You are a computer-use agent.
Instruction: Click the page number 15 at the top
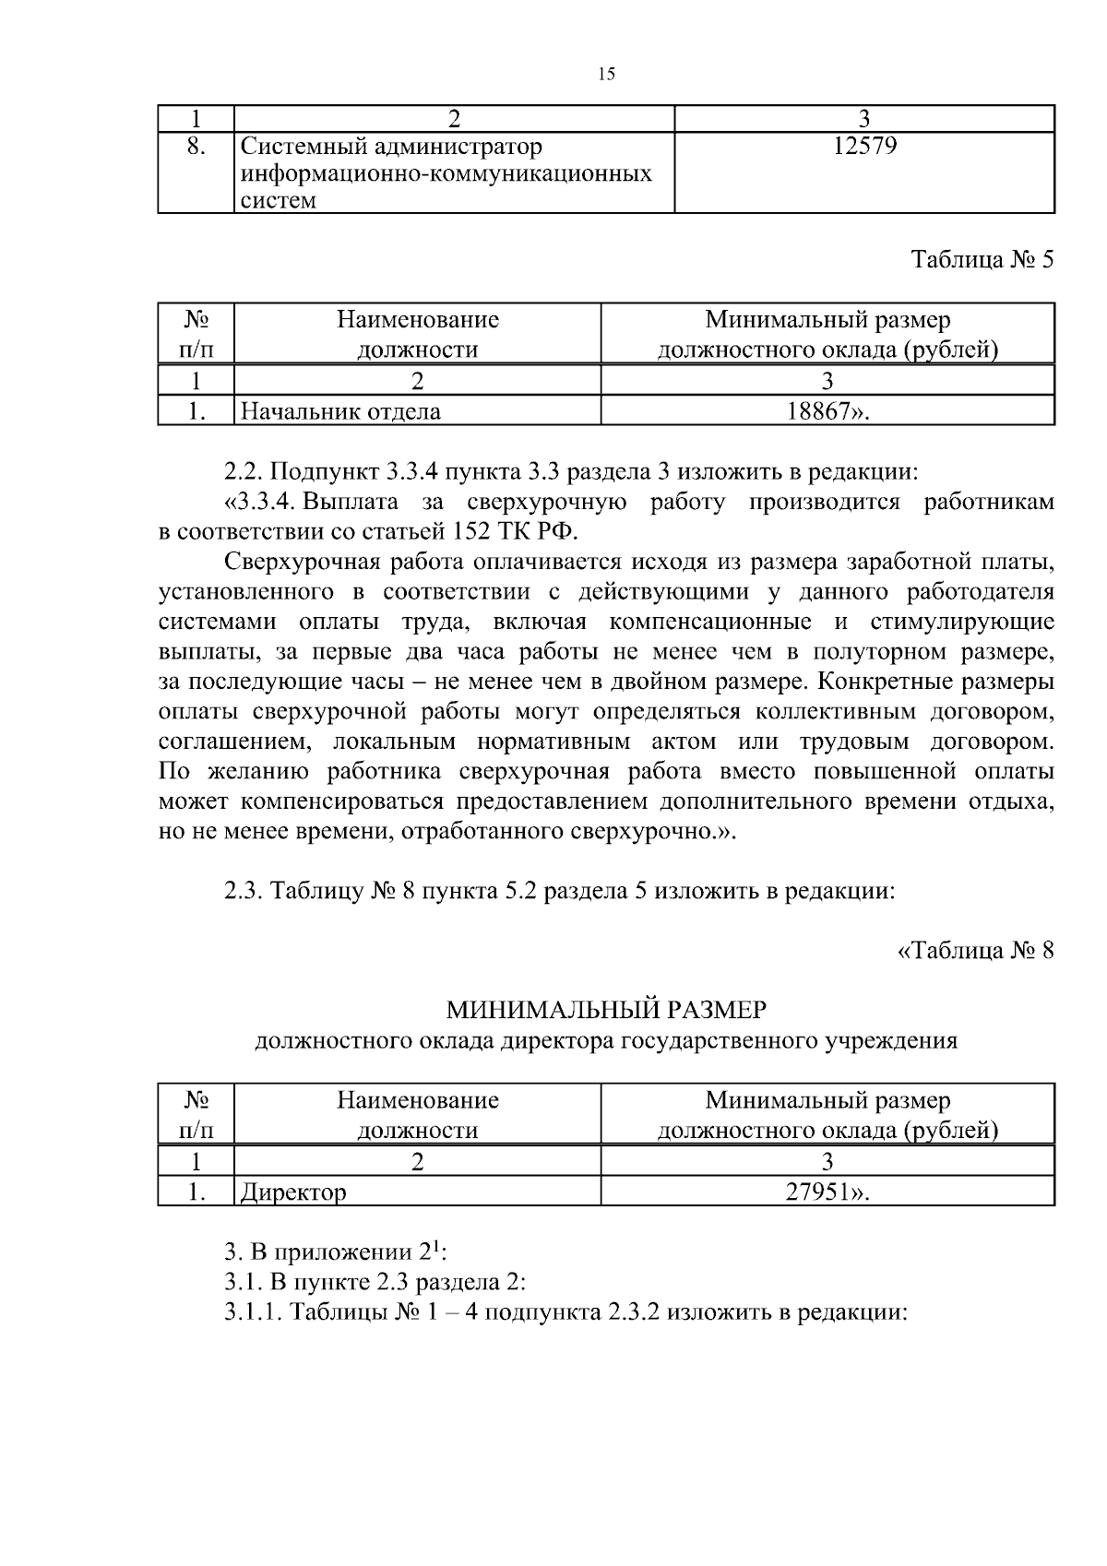(x=606, y=75)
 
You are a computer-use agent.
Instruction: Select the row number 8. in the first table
(x=196, y=146)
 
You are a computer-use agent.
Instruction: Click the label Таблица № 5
(x=982, y=259)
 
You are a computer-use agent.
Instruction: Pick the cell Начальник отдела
(x=340, y=411)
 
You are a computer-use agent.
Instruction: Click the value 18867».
(x=827, y=411)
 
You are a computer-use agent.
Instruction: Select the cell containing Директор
(x=293, y=1192)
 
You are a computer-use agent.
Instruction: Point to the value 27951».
(x=827, y=1192)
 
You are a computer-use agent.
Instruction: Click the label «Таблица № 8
(x=975, y=951)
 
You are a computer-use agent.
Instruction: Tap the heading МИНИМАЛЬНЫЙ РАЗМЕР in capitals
(x=606, y=1011)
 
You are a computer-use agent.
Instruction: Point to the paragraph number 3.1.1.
(x=254, y=1312)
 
